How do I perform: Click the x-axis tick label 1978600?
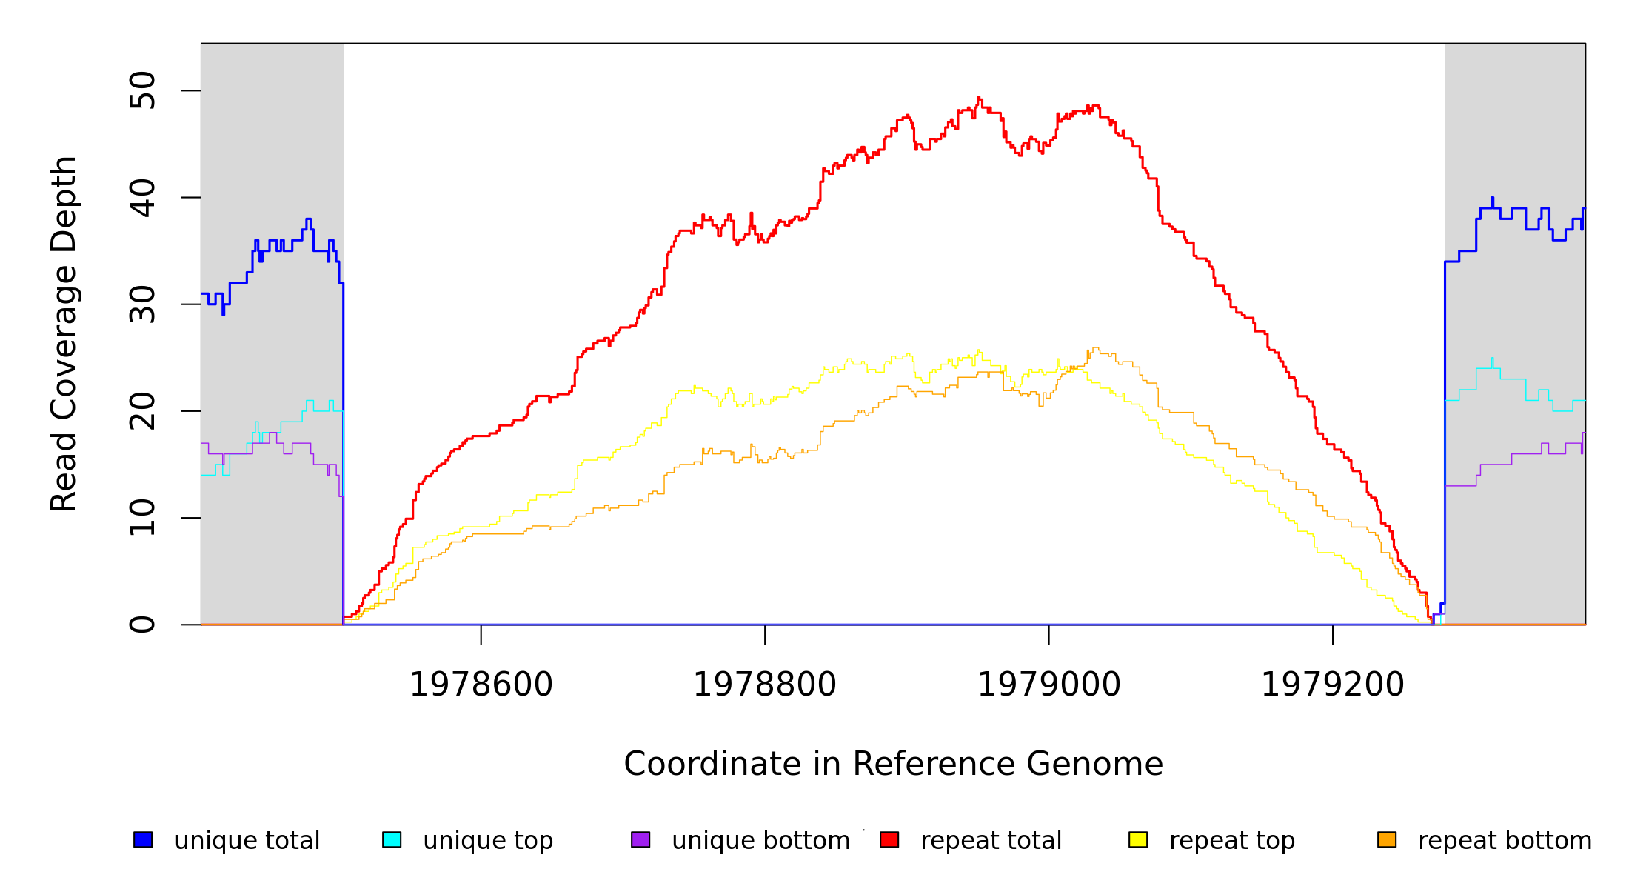(481, 685)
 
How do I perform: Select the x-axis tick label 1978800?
(764, 685)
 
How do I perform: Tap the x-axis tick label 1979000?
(1048, 685)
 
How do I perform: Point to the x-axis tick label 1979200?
(1332, 685)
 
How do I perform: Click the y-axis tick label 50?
(142, 90)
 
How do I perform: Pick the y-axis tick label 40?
(142, 197)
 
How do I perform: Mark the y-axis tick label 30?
(142, 304)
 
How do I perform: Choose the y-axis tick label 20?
(142, 410)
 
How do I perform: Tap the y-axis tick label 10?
(142, 517)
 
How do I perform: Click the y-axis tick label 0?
(142, 624)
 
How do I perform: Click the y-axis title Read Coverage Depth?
(64, 333)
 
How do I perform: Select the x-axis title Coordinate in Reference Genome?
(893, 764)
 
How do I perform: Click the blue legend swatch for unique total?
(143, 839)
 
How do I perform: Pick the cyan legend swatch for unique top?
(392, 839)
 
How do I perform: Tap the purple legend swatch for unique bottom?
(640, 839)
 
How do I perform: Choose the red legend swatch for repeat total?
(889, 839)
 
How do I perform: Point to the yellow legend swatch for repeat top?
(1138, 839)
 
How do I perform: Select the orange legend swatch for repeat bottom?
(1387, 839)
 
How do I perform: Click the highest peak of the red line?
(978, 98)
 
